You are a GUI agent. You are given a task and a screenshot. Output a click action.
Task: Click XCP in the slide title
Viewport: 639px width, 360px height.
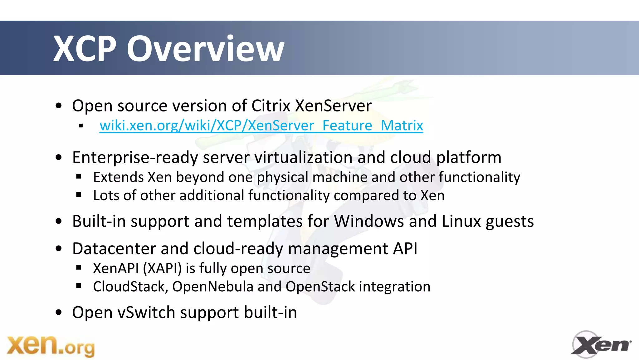[85, 49]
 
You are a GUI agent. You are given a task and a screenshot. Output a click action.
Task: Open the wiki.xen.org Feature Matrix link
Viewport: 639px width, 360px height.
[261, 126]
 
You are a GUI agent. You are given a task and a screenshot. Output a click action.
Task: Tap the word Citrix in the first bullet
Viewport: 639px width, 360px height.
[271, 106]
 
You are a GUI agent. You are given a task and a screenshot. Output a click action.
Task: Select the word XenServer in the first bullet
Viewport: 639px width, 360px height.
[333, 106]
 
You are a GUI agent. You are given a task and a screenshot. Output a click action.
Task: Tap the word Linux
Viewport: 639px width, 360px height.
[461, 221]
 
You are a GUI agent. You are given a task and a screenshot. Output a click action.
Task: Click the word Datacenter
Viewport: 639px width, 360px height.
[114, 249]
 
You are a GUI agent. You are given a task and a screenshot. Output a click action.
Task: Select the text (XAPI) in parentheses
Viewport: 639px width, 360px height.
[162, 269]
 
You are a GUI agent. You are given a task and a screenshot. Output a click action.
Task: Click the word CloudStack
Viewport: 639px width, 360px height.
[130, 287]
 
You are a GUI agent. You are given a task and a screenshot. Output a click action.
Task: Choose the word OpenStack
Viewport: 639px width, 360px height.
[320, 287]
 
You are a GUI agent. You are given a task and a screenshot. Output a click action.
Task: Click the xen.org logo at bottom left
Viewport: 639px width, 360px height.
[51, 346]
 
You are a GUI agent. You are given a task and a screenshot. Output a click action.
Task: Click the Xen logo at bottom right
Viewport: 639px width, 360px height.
[600, 344]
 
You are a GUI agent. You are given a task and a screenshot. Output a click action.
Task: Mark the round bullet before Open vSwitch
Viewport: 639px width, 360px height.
[59, 313]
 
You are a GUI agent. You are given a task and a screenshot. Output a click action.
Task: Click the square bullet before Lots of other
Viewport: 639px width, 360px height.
[79, 195]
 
